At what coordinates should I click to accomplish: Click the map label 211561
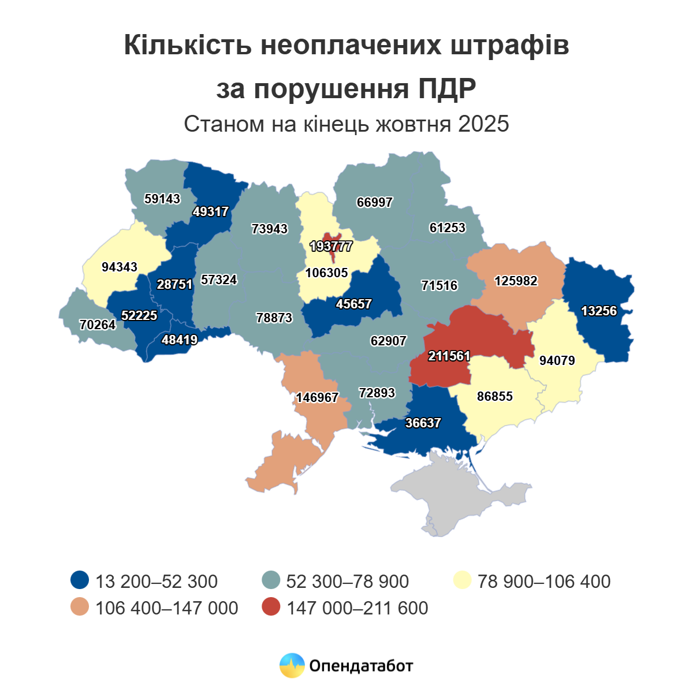(x=449, y=356)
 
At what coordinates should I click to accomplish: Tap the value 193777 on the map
(x=331, y=247)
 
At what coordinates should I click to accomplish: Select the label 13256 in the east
(x=599, y=311)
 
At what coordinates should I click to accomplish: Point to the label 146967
(x=317, y=398)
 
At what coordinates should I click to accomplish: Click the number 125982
(x=516, y=281)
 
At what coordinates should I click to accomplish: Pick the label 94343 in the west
(x=119, y=267)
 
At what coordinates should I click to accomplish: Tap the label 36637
(x=423, y=423)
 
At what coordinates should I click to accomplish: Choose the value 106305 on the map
(x=327, y=273)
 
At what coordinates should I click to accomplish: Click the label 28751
(x=174, y=284)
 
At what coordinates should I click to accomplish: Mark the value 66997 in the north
(x=374, y=203)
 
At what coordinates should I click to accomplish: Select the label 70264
(x=98, y=325)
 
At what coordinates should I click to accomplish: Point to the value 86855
(x=495, y=397)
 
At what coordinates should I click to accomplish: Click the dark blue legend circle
(x=79, y=581)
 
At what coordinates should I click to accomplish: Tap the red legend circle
(x=270, y=608)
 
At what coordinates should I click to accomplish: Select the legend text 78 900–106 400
(x=544, y=581)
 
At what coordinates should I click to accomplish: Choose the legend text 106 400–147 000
(x=166, y=608)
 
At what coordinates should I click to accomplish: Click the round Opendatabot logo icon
(x=292, y=666)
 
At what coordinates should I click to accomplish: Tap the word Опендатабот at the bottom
(x=362, y=666)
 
